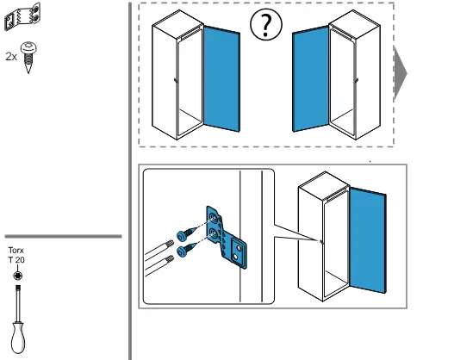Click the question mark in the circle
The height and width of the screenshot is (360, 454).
point(266,24)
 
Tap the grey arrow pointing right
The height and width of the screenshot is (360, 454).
point(400,73)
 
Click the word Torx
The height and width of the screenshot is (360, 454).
point(16,250)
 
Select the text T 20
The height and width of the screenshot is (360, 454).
point(16,260)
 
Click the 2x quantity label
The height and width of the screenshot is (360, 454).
point(11,57)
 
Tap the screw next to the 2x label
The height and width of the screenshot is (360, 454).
point(28,58)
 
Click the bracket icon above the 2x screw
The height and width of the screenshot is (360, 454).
point(22,16)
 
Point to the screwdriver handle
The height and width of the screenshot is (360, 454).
point(18,338)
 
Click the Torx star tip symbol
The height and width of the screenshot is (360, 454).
point(18,276)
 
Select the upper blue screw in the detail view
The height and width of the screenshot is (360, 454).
point(187,233)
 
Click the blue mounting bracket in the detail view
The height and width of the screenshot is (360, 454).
point(226,237)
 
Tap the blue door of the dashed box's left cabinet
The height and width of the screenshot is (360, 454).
point(221,78)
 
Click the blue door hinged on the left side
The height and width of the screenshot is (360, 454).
point(311,78)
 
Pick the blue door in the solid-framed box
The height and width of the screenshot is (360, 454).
point(368,240)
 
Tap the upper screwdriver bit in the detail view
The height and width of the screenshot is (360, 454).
point(159,249)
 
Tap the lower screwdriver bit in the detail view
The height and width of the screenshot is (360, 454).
point(159,265)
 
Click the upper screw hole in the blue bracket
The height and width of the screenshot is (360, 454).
point(213,217)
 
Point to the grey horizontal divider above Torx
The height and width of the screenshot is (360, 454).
point(63,237)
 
